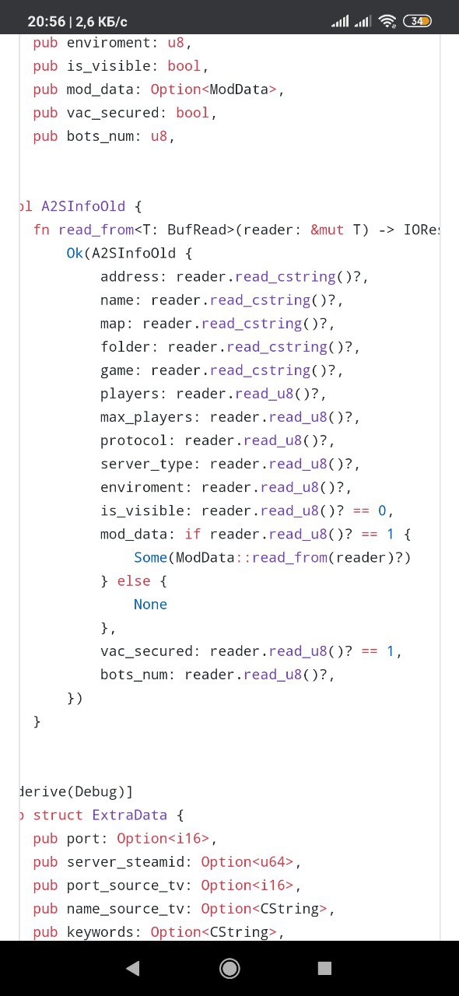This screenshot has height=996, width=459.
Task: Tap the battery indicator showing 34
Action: point(417,21)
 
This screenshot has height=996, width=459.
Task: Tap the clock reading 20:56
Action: point(46,21)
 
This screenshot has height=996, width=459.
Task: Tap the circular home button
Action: point(229,968)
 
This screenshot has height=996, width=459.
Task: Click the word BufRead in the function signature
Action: point(197,230)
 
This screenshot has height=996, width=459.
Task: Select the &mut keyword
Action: point(327,230)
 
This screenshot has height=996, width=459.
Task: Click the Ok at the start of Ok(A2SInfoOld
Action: point(75,254)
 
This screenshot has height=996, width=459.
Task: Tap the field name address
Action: point(129,277)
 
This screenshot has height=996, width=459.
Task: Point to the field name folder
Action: point(125,347)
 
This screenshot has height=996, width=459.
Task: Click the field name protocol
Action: point(134,440)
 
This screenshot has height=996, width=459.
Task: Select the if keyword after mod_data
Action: point(193,534)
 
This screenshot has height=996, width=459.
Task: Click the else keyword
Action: point(134,581)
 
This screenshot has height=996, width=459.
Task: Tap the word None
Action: point(150,605)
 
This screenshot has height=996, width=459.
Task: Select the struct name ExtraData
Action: point(129,815)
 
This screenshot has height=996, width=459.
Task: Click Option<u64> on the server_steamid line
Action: point(247,861)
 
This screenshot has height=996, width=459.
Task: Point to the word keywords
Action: point(100,932)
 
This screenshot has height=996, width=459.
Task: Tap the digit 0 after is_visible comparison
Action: point(382,510)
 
